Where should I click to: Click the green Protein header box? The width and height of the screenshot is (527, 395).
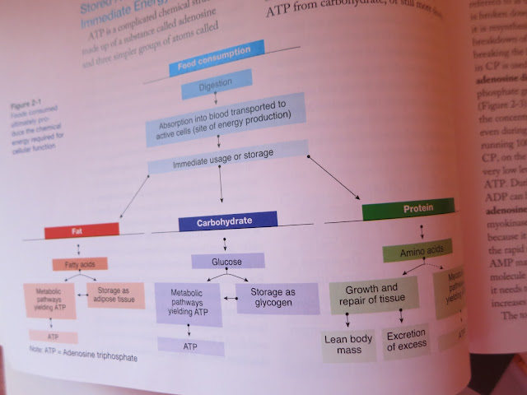click(408, 210)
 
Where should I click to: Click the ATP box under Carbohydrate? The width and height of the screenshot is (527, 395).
click(191, 347)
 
